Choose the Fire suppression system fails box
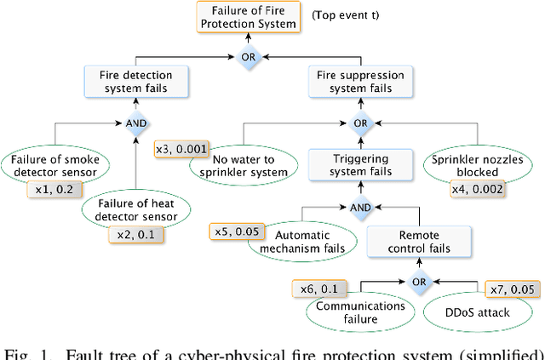pyautogui.click(x=362, y=81)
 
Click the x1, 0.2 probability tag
pyautogui.click(x=50, y=189)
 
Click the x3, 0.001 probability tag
pyautogui.click(x=181, y=150)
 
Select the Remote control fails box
pyautogui.click(x=421, y=241)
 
